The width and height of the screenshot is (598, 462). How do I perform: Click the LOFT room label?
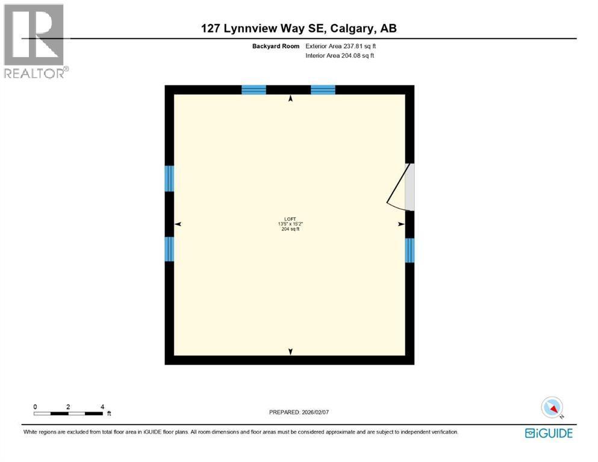click(x=290, y=219)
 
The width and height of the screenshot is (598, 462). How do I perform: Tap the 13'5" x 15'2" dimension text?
click(x=290, y=224)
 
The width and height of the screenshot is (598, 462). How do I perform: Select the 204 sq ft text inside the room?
click(x=290, y=230)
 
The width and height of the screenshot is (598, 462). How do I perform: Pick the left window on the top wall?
click(x=254, y=90)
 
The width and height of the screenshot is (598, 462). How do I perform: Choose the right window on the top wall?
click(x=323, y=90)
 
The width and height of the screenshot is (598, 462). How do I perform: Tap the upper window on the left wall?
click(x=169, y=178)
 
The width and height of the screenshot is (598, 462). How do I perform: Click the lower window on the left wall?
click(x=169, y=249)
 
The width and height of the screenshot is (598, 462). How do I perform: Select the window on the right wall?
click(x=410, y=250)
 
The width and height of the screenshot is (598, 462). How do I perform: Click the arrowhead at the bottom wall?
click(x=291, y=351)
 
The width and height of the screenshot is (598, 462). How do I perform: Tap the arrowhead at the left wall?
click(x=178, y=224)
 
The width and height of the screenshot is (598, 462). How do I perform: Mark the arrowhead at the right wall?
click(x=401, y=224)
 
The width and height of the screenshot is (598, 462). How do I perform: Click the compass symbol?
click(x=552, y=407)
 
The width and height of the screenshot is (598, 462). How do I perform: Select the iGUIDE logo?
click(x=549, y=433)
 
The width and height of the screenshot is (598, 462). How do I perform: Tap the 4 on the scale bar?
click(x=102, y=407)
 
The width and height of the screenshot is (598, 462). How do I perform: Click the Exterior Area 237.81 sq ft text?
click(x=341, y=46)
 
